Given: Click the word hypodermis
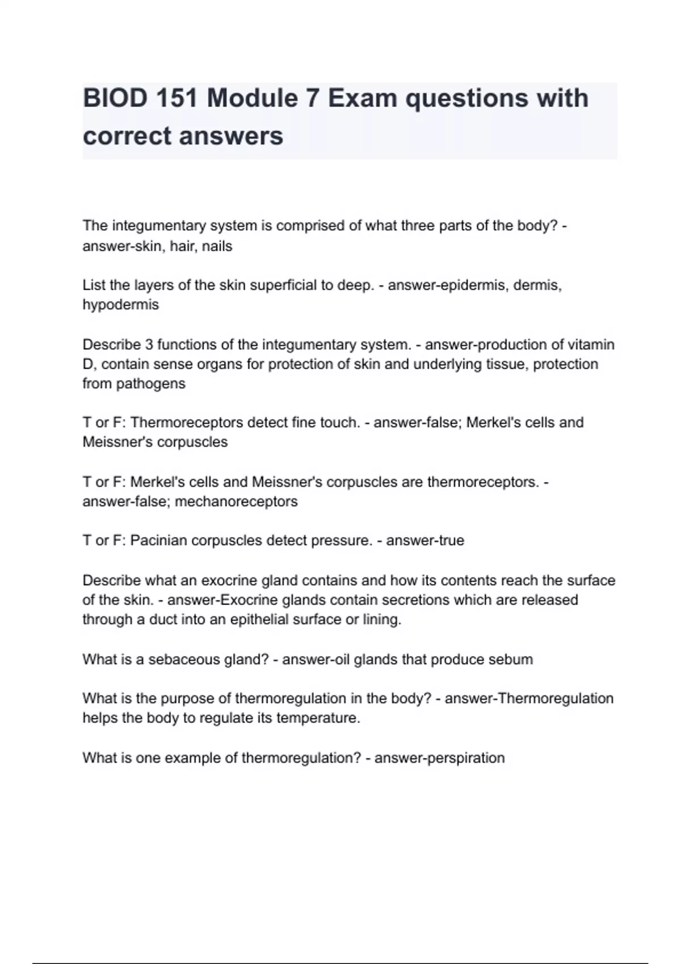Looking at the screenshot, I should coord(120,305).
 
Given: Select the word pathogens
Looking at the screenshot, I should coord(150,383).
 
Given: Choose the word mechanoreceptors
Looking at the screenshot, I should coord(236,501).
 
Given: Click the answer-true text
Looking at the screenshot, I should coord(425,540).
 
